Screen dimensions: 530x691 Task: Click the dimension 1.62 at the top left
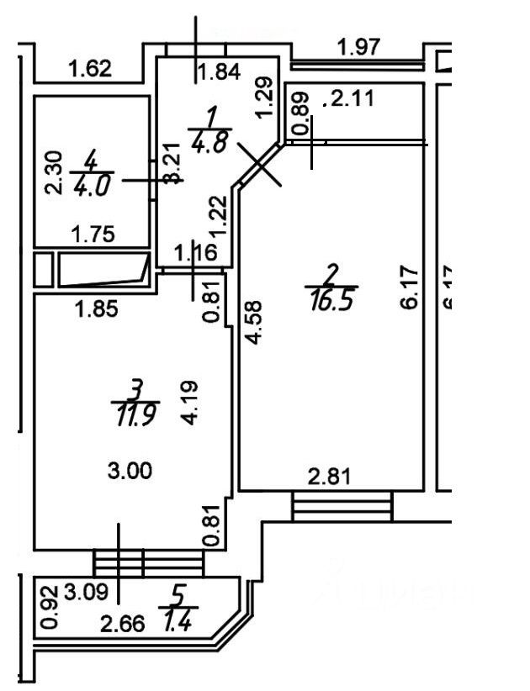point(89,68)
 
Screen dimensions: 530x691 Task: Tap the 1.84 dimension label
point(218,72)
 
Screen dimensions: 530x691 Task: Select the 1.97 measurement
point(358,47)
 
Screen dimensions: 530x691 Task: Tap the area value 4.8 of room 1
point(209,140)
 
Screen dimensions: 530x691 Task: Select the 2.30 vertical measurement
point(54,171)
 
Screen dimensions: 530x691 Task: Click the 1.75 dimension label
point(93,235)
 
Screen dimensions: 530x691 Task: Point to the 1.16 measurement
point(195,251)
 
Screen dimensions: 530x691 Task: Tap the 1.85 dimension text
point(95,309)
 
